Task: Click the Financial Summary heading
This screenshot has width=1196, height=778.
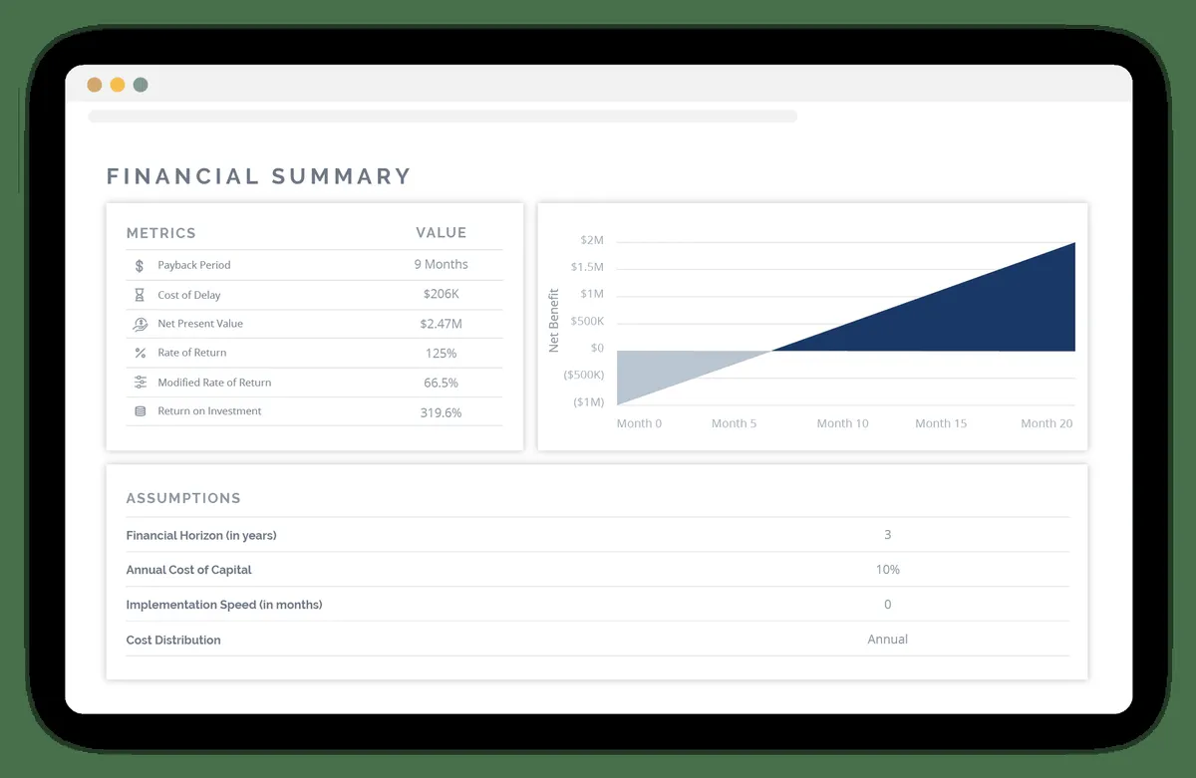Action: coord(258,177)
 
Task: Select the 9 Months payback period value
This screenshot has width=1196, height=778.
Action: coord(441,265)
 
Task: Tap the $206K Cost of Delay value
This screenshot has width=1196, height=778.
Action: coord(441,295)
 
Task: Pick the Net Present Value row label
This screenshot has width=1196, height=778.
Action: coord(199,324)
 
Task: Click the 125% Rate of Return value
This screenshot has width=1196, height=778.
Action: coord(441,354)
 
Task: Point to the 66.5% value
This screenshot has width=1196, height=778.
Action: coord(441,383)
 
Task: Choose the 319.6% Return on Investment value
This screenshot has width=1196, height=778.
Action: coord(441,412)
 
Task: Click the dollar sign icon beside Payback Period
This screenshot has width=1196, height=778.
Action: coord(140,266)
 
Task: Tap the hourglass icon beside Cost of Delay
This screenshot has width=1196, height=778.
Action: coord(140,295)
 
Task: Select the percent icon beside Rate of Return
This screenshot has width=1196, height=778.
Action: coord(140,353)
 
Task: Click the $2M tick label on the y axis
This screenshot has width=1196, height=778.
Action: coord(591,241)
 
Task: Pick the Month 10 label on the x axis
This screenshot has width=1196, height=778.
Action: coord(842,423)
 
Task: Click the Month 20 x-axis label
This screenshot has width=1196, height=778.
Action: coord(1046,423)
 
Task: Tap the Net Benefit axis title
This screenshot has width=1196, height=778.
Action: coord(554,321)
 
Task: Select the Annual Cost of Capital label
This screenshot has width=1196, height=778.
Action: coord(188,570)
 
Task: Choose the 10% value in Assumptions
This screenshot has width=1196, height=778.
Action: coord(887,570)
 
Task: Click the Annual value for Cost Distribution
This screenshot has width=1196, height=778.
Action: coord(887,640)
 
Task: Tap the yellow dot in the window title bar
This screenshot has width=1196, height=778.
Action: coord(118,85)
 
